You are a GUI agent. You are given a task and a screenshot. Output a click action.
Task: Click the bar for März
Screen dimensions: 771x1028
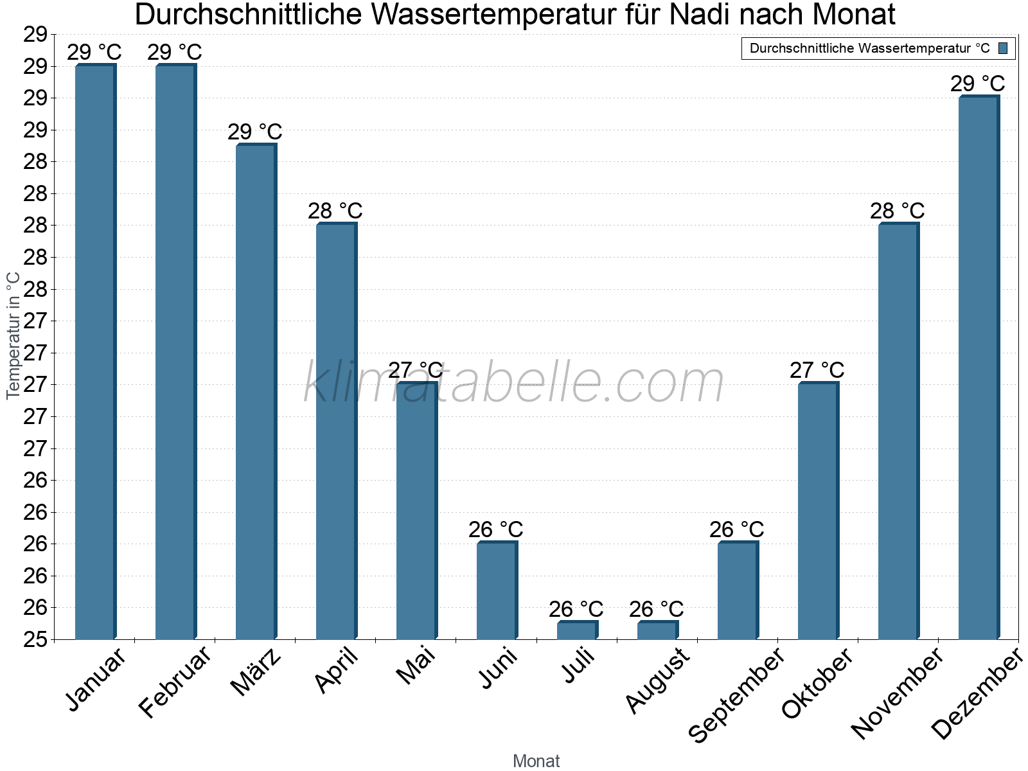point(256,392)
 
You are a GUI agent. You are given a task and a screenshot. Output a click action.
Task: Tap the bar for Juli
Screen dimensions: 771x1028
point(577,630)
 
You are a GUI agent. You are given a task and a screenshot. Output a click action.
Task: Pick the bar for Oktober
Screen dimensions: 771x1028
point(818,511)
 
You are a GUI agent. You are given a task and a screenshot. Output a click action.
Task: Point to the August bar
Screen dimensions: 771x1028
point(657,630)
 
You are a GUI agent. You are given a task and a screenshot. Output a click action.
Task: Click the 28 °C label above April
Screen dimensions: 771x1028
point(335,211)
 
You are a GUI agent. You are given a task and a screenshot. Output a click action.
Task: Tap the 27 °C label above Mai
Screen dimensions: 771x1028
point(416,370)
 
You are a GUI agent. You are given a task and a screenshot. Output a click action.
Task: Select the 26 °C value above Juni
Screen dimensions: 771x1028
point(496,529)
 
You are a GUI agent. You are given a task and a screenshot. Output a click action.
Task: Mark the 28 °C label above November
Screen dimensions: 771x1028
point(898,211)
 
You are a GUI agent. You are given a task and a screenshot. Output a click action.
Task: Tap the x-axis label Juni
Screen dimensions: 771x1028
point(499,669)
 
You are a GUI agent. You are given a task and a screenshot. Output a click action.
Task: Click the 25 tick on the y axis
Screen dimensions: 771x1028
point(35,640)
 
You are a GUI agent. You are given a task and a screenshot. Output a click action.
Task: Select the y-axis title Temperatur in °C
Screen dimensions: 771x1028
point(13,335)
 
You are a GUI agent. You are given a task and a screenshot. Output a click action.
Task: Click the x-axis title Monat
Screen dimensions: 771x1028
point(536,761)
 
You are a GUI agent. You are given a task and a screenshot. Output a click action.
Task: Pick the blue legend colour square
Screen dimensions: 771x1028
point(1003,48)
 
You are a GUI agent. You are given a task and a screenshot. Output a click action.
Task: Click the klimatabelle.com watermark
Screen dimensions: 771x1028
point(514,383)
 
